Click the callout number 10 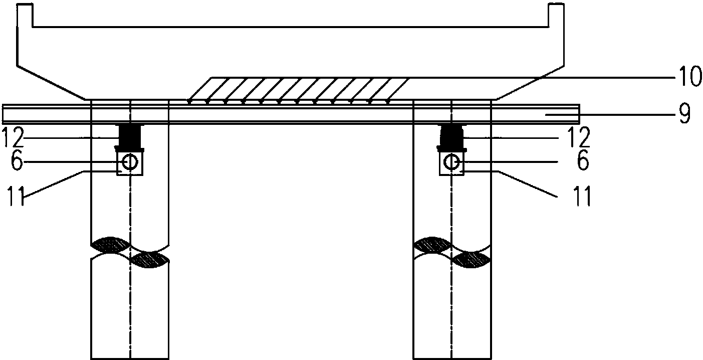click(686, 76)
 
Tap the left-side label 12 click(13, 137)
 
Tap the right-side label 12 click(580, 137)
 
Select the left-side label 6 click(17, 162)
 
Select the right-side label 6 click(583, 161)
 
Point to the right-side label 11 click(582, 196)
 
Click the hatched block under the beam click(298, 90)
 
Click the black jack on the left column click(130, 137)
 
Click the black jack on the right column click(451, 137)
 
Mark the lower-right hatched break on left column click(149, 260)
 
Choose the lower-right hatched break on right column click(472, 260)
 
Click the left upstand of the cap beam click(25, 15)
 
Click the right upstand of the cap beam click(556, 15)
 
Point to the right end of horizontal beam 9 click(579, 114)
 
